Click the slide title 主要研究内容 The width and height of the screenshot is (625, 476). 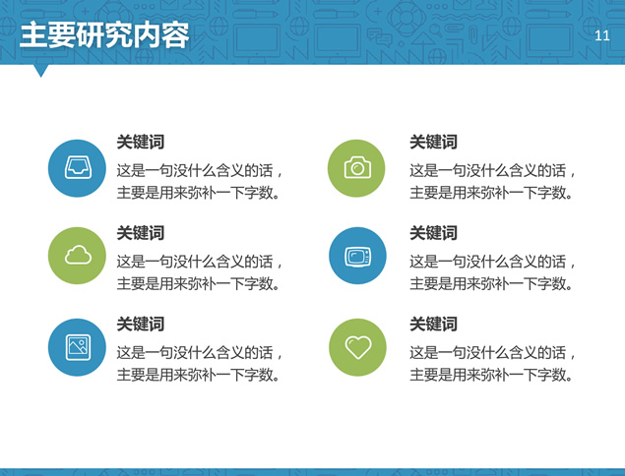(104, 35)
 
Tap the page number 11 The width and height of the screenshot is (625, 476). (602, 35)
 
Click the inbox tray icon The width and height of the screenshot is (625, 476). (78, 167)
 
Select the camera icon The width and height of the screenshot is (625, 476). (357, 168)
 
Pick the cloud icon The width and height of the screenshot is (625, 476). (78, 255)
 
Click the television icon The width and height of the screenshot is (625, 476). (357, 256)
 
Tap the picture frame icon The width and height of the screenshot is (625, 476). (78, 347)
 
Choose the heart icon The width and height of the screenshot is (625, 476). (358, 347)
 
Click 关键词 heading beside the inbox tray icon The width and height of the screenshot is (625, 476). (141, 142)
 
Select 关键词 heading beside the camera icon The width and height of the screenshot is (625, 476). (433, 142)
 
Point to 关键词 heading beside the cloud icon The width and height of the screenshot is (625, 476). (141, 233)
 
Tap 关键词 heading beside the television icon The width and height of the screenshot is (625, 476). (433, 233)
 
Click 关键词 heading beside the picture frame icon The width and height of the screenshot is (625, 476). (141, 324)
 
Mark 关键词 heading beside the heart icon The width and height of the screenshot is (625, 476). (433, 324)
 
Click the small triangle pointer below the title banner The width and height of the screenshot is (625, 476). (40, 70)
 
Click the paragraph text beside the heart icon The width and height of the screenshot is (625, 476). (492, 364)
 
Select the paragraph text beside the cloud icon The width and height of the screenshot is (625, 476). (199, 272)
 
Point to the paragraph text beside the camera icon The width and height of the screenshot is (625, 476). (492, 182)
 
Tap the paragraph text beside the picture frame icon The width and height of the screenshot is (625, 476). (199, 364)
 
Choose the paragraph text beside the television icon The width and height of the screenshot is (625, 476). (492, 272)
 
